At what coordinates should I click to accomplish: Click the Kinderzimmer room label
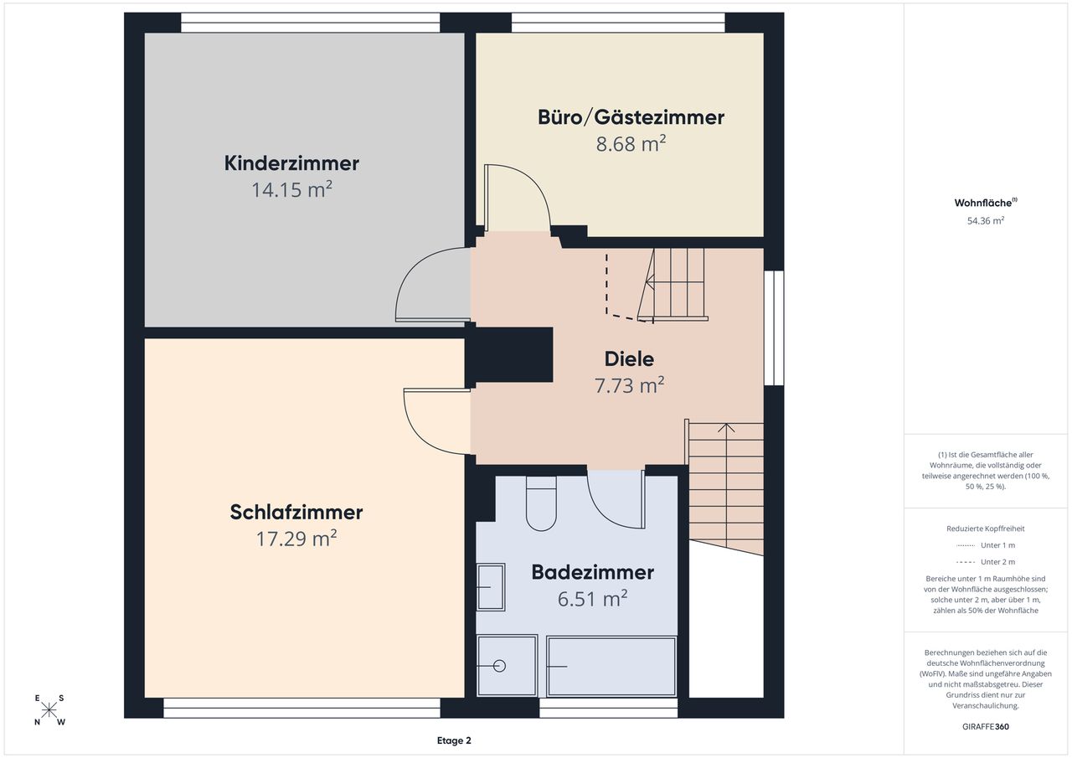291,163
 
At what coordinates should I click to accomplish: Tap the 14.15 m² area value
291,189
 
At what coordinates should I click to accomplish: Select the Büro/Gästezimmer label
631,118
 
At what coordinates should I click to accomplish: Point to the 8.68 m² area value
631,143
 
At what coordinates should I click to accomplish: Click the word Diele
629,359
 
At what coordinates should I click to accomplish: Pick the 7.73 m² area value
629,384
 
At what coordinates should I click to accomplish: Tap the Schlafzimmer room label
296,512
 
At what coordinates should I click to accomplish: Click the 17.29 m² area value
296,539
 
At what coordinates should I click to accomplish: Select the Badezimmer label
592,572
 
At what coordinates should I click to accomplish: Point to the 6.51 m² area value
592,599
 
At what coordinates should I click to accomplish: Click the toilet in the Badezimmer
541,503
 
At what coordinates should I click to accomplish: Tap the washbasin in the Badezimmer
491,587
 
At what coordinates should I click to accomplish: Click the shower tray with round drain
507,666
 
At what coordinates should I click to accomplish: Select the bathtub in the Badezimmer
611,666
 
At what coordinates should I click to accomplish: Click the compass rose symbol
49,710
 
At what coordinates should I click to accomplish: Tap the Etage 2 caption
454,740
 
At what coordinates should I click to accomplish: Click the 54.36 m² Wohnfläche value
986,220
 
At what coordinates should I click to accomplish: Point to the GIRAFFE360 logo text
986,726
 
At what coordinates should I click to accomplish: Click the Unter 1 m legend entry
986,545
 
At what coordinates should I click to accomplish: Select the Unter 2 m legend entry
986,562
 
